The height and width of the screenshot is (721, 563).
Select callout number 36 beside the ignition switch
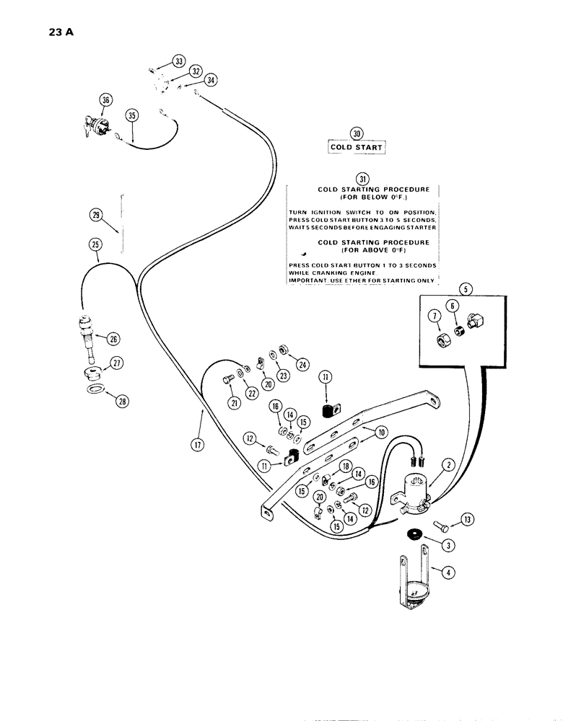(106, 102)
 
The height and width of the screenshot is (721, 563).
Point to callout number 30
(356, 133)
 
